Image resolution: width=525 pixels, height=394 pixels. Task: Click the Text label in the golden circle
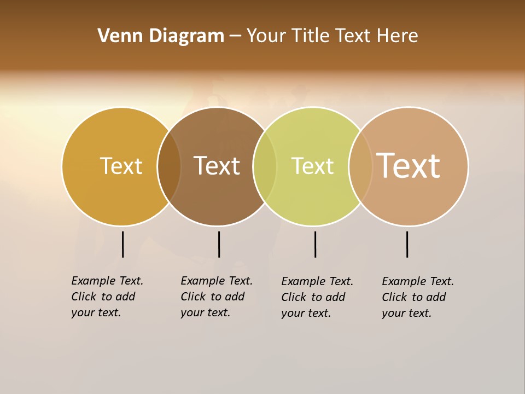pyautogui.click(x=121, y=166)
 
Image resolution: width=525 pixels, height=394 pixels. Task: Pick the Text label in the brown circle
pyautogui.click(x=217, y=166)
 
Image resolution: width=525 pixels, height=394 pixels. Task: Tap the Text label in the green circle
pyautogui.click(x=312, y=166)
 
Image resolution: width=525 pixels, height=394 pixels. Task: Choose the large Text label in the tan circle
pyautogui.click(x=409, y=165)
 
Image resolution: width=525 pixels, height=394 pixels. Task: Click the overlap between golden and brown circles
pyautogui.click(x=169, y=166)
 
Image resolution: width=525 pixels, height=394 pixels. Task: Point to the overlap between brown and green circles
pyautogui.click(x=265, y=166)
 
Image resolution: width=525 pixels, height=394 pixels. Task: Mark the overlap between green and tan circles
pyautogui.click(x=360, y=166)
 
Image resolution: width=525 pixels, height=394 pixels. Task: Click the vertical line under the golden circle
pyautogui.click(x=122, y=244)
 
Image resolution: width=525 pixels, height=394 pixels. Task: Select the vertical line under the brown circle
pyautogui.click(x=219, y=244)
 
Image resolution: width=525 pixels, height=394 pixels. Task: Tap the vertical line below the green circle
pyautogui.click(x=315, y=244)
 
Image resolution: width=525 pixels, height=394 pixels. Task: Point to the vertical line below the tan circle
pyautogui.click(x=407, y=244)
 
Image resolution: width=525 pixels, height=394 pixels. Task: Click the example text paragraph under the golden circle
pyautogui.click(x=107, y=297)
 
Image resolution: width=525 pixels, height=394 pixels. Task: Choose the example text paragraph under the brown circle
pyautogui.click(x=217, y=297)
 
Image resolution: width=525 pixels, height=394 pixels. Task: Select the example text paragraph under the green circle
pyautogui.click(x=317, y=297)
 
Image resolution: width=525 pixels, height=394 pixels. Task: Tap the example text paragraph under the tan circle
pyautogui.click(x=418, y=297)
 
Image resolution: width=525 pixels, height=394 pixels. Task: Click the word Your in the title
pyautogui.click(x=267, y=36)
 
